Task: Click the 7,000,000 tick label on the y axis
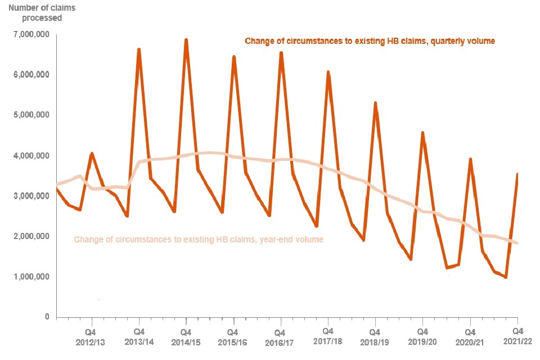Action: pyautogui.click(x=29, y=35)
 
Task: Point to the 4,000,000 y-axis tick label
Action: pyautogui.click(x=29, y=156)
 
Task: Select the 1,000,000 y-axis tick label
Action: pyautogui.click(x=29, y=277)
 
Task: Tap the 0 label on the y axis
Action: pyautogui.click(x=47, y=317)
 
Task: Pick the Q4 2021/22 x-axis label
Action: pyautogui.click(x=517, y=336)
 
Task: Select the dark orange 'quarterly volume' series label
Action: pyautogui.click(x=370, y=41)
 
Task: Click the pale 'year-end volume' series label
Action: pyautogui.click(x=199, y=240)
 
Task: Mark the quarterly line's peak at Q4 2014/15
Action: pyautogui.click(x=186, y=40)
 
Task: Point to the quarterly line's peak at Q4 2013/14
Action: pyautogui.click(x=138, y=49)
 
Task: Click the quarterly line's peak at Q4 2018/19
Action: pyautogui.click(x=375, y=103)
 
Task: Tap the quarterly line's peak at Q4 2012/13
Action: pyautogui.click(x=92, y=153)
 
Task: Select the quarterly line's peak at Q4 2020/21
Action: pyautogui.click(x=470, y=159)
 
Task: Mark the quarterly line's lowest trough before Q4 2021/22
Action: pyautogui.click(x=506, y=277)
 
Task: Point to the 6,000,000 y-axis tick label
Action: pyautogui.click(x=29, y=75)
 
